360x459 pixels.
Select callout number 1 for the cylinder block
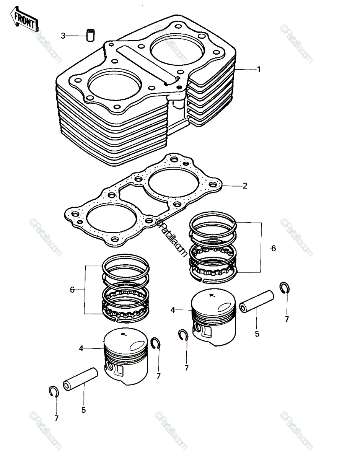(258, 70)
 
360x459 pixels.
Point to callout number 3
(63, 36)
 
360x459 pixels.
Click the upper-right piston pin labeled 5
(256, 302)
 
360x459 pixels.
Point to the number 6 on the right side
(274, 248)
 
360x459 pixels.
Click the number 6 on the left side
(72, 290)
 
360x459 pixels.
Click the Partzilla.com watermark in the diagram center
(171, 238)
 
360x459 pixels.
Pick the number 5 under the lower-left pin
(83, 410)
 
